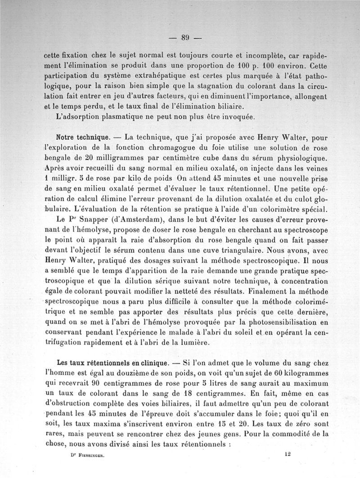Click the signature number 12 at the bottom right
tap(288, 455)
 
